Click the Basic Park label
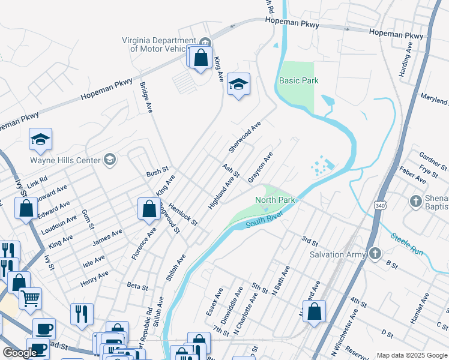coord(298,80)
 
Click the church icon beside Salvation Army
coord(376,254)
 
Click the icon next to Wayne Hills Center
coord(109,160)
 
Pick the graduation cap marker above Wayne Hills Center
coord(40,139)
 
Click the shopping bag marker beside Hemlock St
coord(148,209)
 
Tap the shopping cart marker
coord(30,297)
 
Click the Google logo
coord(20,353)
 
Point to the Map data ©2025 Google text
coord(411,355)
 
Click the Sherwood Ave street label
coord(245,136)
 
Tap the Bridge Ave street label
coord(145,97)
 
